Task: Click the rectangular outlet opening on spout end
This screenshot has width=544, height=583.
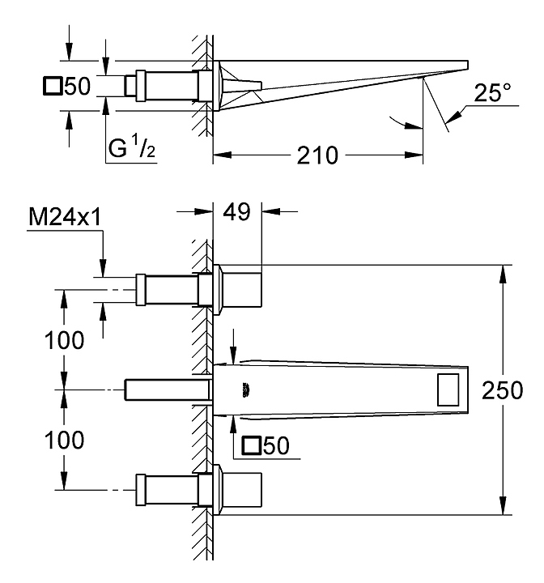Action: pos(451,390)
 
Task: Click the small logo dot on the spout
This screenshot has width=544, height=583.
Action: pos(244,390)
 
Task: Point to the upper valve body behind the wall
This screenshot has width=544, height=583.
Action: pos(170,289)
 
